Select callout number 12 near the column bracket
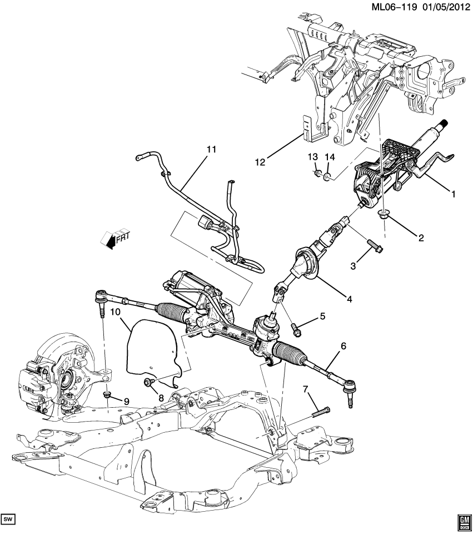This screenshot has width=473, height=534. (260, 161)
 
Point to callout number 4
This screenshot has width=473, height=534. (350, 299)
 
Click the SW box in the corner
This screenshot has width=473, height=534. (8, 520)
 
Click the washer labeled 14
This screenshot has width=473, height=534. (328, 177)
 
